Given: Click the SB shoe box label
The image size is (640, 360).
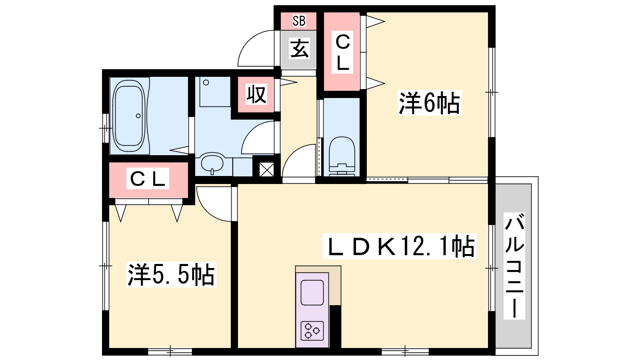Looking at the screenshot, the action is click(x=299, y=21).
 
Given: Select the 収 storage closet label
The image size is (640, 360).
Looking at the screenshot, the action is click(x=256, y=94).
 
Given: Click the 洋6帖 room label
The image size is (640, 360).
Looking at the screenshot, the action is click(x=430, y=103).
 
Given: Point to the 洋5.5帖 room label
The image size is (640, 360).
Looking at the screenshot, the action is click(x=171, y=274).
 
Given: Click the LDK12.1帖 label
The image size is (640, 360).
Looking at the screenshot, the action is click(x=399, y=246).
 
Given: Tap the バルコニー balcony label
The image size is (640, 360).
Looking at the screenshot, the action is click(x=514, y=266).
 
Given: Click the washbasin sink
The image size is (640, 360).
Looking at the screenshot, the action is click(x=212, y=163).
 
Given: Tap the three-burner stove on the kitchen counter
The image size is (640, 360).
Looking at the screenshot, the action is click(x=312, y=330).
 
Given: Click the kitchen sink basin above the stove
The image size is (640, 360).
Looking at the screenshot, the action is click(x=312, y=292).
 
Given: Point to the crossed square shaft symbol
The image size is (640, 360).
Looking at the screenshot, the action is click(x=266, y=170).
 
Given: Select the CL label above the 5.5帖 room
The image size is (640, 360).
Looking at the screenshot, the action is click(x=148, y=179).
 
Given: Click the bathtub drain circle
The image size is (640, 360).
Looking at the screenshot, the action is click(x=138, y=116).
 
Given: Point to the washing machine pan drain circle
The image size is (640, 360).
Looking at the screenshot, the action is click(x=206, y=82).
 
